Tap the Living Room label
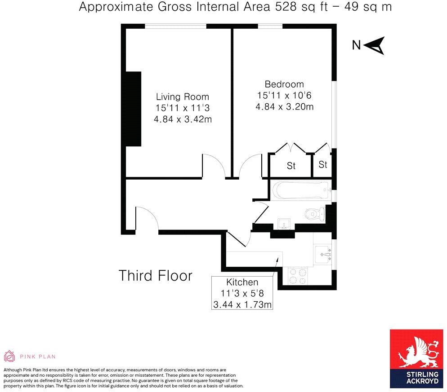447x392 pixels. tap(182, 97)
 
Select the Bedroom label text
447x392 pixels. tap(284, 84)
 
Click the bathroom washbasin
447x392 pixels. tap(284, 223)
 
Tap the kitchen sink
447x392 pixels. tap(322, 254)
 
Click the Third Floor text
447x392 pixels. tap(155, 275)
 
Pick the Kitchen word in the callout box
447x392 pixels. tap(242, 282)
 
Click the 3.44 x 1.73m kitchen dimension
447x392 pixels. tap(242, 305)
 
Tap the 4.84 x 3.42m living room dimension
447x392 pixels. tap(182, 119)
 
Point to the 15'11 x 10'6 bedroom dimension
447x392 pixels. tap(284, 95)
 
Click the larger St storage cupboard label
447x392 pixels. tap(291, 166)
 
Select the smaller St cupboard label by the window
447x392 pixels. tap(323, 165)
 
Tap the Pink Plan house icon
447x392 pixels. tap(9, 357)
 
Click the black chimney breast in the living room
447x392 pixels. tap(133, 109)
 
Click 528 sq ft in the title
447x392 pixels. tap(293, 7)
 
